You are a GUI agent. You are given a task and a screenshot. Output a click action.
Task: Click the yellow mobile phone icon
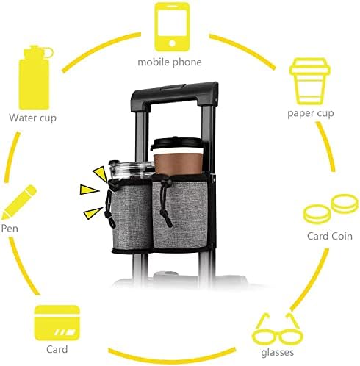pyautogui.click(x=172, y=27)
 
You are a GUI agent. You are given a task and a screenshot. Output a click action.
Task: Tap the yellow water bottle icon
pyautogui.click(x=35, y=77)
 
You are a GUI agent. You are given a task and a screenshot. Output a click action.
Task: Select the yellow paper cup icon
pyautogui.click(x=310, y=82)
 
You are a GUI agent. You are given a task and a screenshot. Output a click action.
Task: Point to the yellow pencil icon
pyautogui.click(x=19, y=202)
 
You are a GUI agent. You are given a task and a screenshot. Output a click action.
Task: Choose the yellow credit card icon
pyautogui.click(x=57, y=323)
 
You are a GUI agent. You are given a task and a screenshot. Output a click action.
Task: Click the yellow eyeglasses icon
pyautogui.click(x=278, y=329)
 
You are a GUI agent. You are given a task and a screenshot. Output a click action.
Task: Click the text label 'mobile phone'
pyautogui.click(x=170, y=62)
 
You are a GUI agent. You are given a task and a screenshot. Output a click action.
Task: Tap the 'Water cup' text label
pyautogui.click(x=33, y=118)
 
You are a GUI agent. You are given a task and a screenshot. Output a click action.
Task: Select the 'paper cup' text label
pyautogui.click(x=311, y=113)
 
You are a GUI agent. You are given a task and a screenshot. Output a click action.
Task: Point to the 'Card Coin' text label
pyautogui.click(x=330, y=236)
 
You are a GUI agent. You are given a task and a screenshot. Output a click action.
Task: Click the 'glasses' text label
pyautogui.click(x=278, y=353)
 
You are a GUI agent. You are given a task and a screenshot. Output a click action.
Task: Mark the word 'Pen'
pyautogui.click(x=10, y=229)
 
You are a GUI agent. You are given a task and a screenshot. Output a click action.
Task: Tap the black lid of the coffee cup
pyautogui.click(x=177, y=143)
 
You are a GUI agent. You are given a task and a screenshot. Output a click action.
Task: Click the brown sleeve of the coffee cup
pyautogui.click(x=178, y=164)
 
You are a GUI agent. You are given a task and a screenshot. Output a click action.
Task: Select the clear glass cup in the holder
pyautogui.click(x=132, y=171)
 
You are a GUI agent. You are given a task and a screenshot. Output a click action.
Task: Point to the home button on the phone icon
pyautogui.click(x=172, y=43)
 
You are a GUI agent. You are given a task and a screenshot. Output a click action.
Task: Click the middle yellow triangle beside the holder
pyautogui.click(x=89, y=190)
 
